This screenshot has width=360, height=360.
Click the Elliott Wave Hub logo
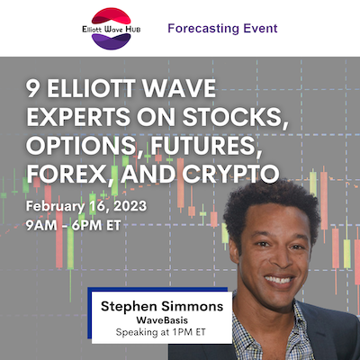click(112, 29)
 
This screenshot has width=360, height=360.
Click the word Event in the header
click(260, 28)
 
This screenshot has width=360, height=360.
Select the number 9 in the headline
click(32, 89)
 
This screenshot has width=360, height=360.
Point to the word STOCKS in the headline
click(233, 117)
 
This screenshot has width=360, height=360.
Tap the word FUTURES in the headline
click(204, 146)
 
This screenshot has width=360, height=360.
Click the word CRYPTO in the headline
click(230, 174)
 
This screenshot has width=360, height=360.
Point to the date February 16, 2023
click(86, 207)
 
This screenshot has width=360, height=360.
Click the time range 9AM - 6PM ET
click(74, 225)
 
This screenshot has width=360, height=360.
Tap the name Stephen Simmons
click(162, 307)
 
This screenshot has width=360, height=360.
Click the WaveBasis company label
click(162, 320)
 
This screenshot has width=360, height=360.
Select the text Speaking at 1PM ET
click(161, 332)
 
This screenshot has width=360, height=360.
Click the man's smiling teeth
click(280, 280)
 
